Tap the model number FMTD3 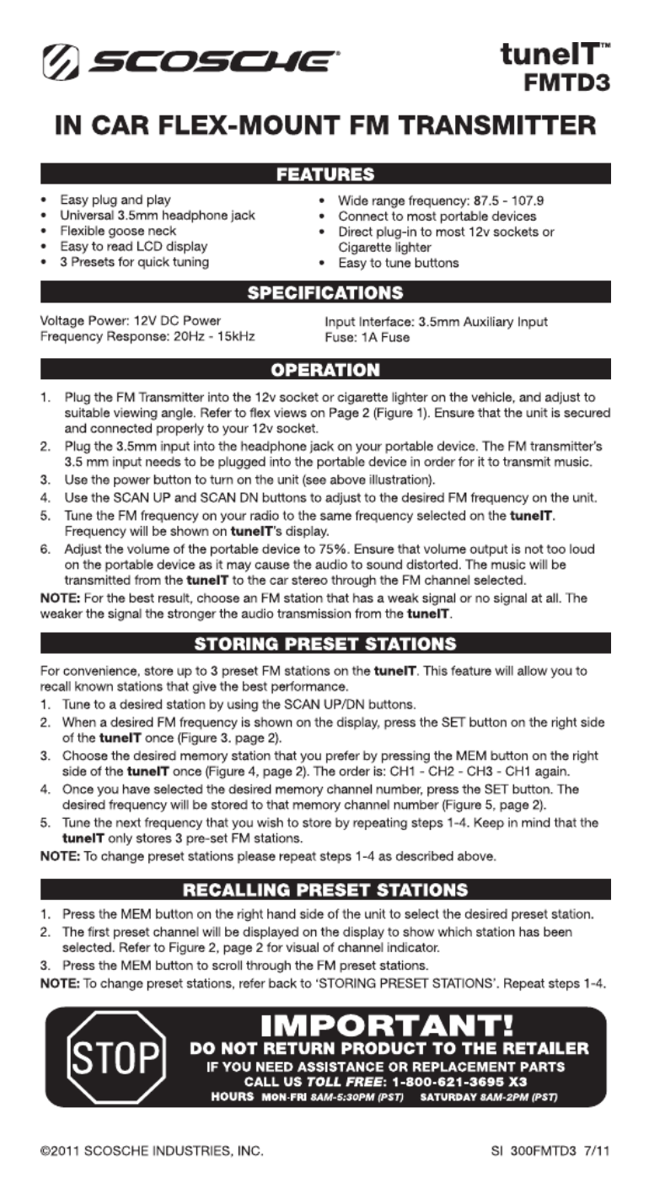[x=566, y=84]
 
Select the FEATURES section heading [x=325, y=175]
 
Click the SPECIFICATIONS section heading [x=325, y=293]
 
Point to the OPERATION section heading [x=325, y=369]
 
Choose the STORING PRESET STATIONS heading [x=325, y=644]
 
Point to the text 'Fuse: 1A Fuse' [x=367, y=337]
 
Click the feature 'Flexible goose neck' [x=112, y=231]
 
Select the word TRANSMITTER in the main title [x=496, y=129]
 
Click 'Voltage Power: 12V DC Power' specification [x=131, y=321]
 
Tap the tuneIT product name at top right [x=552, y=57]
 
